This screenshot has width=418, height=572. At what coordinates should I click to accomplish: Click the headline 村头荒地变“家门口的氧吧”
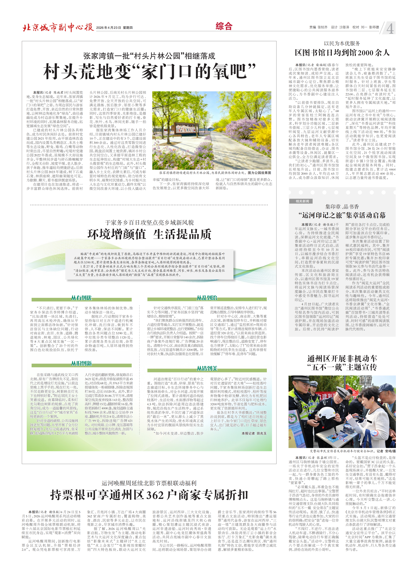pyautogui.click(x=149, y=72)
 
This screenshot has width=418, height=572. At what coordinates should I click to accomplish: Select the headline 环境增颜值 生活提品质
pyautogui.click(x=149, y=234)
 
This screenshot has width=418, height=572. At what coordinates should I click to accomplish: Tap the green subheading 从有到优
pyautogui.click(x=81, y=298)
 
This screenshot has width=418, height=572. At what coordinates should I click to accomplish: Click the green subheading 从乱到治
pyautogui.click(x=207, y=298)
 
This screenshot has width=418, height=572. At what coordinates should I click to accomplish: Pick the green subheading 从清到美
pyautogui.click(x=207, y=368)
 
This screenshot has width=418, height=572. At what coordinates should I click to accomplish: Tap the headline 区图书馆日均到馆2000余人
pyautogui.click(x=342, y=53)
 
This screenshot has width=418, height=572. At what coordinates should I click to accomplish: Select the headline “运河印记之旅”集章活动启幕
pyautogui.click(x=342, y=215)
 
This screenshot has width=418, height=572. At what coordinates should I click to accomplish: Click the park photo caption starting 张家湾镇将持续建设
pyautogui.click(x=215, y=173)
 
